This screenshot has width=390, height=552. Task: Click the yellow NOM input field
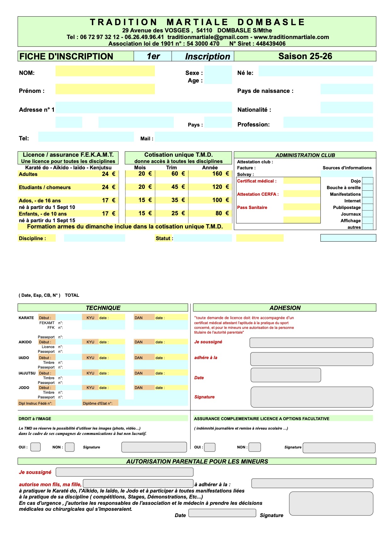point(105,71)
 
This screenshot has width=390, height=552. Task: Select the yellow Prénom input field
point(105,89)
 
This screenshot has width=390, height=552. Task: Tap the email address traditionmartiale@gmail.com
point(208,37)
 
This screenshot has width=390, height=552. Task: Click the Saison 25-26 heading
point(305,56)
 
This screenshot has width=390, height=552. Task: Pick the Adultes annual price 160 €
point(220,174)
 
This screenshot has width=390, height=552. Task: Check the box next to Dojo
point(367,181)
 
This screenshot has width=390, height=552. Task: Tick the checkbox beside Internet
point(367,201)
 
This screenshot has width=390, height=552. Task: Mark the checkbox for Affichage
point(367,221)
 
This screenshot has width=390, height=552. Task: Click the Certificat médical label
point(257,181)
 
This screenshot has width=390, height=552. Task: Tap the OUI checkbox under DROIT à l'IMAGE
point(35,447)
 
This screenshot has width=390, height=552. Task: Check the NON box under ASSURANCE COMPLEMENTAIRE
point(255,447)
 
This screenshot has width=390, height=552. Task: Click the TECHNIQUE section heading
point(103,308)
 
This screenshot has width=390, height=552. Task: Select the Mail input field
point(263,137)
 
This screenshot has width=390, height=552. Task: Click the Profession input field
point(328,122)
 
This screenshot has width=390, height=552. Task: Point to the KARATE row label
point(26,318)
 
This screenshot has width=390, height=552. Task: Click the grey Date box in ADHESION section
point(285,375)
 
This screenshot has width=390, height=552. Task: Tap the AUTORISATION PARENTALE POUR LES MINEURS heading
point(197,461)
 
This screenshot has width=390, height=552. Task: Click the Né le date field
point(315,71)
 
